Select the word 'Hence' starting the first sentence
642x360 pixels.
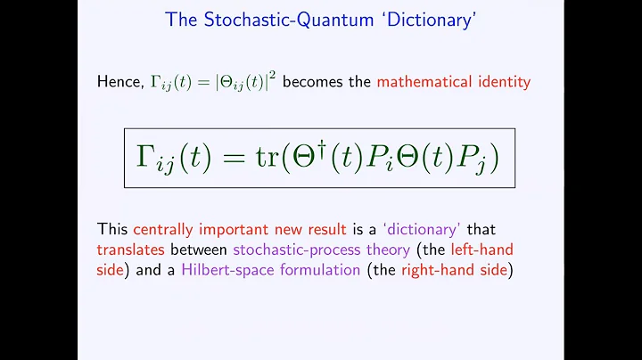pos(119,82)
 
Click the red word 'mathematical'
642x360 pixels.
pos(424,82)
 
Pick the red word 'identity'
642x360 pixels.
pos(504,82)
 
